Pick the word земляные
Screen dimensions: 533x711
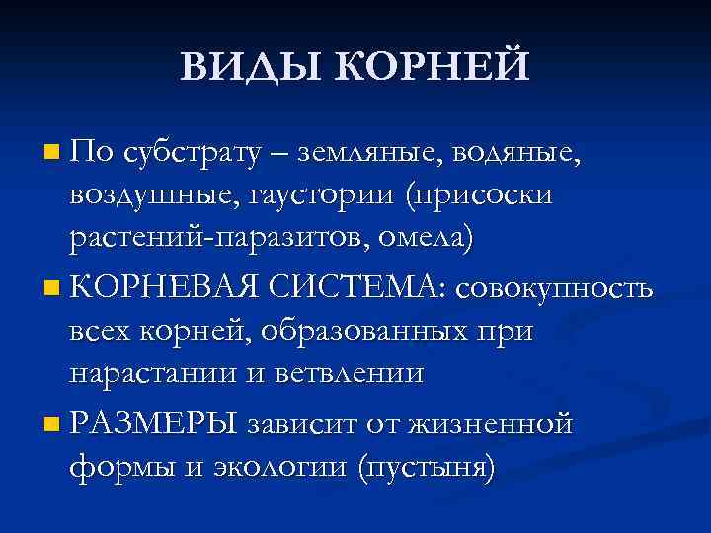click(x=378, y=154)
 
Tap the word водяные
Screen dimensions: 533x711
click(x=522, y=154)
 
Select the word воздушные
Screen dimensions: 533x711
click(x=147, y=196)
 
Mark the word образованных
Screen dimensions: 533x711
click(x=379, y=332)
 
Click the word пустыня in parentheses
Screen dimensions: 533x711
click(x=427, y=468)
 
